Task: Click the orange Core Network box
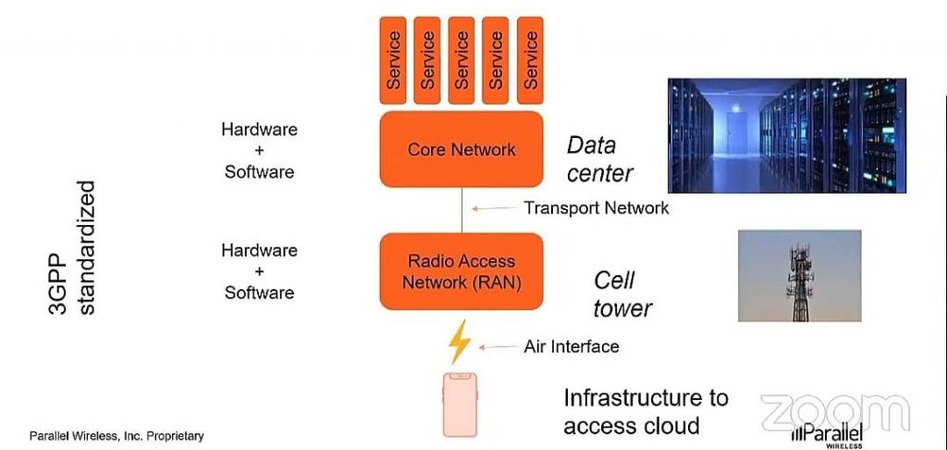pos(461,150)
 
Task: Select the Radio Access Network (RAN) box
pos(461,271)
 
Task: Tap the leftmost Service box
pos(395,59)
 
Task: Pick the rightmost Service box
pos(530,59)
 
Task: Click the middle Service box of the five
pos(462,59)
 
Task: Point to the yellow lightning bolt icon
pos(459,343)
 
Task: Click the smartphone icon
pos(460,405)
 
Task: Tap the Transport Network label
pos(596,207)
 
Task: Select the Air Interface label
pos(571,346)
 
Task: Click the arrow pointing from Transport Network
pos(493,208)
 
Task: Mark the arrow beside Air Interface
pos(500,347)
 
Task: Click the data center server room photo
pos(786,135)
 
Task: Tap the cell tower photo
pos(799,275)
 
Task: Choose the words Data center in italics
pos(599,159)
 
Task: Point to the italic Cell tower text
pos(622,294)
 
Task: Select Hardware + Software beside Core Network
pos(259,151)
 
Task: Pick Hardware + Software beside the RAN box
pos(259,271)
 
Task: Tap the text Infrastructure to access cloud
pos(646,412)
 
